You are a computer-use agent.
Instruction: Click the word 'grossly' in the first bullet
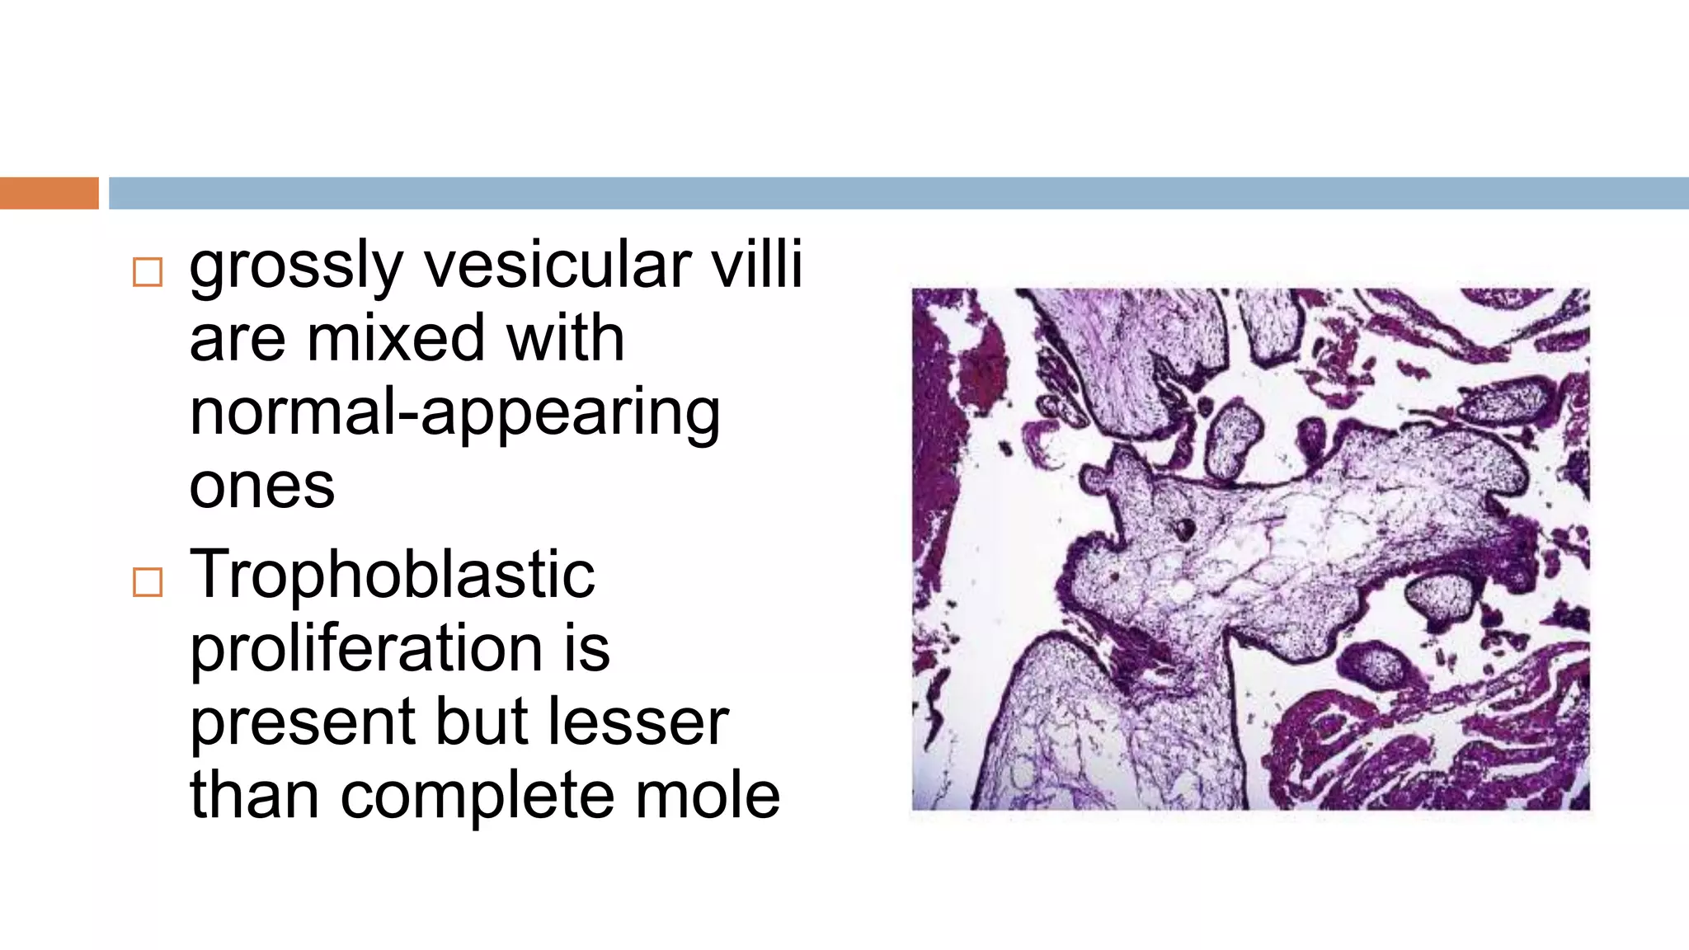click(295, 267)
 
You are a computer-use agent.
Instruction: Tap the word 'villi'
click(756, 266)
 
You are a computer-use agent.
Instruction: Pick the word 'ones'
click(262, 487)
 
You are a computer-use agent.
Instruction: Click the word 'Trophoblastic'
click(393, 575)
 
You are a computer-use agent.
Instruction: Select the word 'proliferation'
click(366, 648)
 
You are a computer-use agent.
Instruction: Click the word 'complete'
click(477, 797)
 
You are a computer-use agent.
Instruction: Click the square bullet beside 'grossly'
click(148, 272)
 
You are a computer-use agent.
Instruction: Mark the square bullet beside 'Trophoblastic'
click(148, 582)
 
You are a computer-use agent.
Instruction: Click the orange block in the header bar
click(49, 193)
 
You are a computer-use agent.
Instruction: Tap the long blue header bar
click(897, 193)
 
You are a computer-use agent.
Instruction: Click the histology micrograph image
click(1250, 548)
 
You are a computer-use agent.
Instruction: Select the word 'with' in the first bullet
click(566, 339)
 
